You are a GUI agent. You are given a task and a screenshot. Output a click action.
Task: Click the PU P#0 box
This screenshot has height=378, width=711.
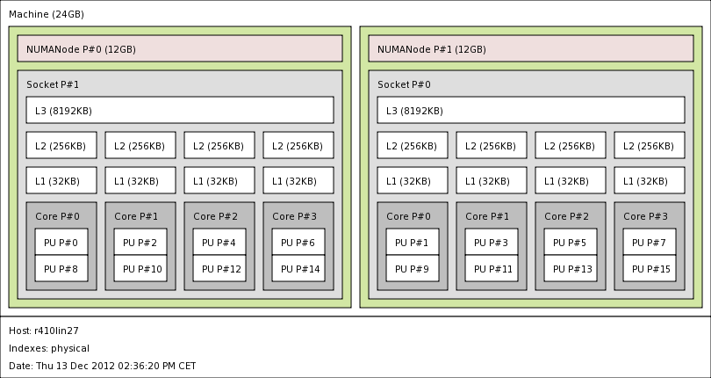tap(61, 242)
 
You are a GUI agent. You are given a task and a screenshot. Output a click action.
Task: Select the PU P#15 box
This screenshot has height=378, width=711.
tap(650, 268)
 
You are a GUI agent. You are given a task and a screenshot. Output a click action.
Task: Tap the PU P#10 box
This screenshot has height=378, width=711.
tap(140, 268)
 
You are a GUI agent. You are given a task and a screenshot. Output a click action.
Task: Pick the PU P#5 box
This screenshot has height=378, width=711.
tap(571, 242)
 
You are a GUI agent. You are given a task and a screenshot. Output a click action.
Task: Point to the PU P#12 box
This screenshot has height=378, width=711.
tap(219, 268)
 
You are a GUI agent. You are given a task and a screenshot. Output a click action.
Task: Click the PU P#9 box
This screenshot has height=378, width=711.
tap(413, 268)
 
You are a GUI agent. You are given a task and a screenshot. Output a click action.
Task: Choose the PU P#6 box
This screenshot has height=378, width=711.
tap(298, 242)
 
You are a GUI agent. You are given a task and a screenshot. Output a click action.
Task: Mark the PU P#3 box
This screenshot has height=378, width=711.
tap(492, 242)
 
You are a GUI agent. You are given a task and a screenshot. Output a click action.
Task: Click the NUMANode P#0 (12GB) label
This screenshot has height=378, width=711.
tap(81, 49)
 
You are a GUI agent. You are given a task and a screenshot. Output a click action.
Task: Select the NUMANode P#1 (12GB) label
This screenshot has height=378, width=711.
tap(432, 49)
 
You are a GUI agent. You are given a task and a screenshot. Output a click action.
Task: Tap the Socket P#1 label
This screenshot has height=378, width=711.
tap(53, 84)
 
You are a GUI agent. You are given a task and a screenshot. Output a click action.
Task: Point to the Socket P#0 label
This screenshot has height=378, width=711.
tap(404, 84)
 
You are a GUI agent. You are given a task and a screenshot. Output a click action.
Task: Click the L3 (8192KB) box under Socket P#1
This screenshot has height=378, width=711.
tap(180, 110)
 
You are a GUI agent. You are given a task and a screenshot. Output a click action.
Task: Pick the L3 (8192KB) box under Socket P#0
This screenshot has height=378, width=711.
tap(531, 110)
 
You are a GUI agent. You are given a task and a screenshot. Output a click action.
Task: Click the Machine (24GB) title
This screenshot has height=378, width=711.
tap(47, 14)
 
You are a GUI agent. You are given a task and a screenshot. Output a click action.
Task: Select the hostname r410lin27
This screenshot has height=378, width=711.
tap(56, 331)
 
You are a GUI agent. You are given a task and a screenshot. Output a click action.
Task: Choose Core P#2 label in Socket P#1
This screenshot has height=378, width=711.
tap(215, 216)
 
